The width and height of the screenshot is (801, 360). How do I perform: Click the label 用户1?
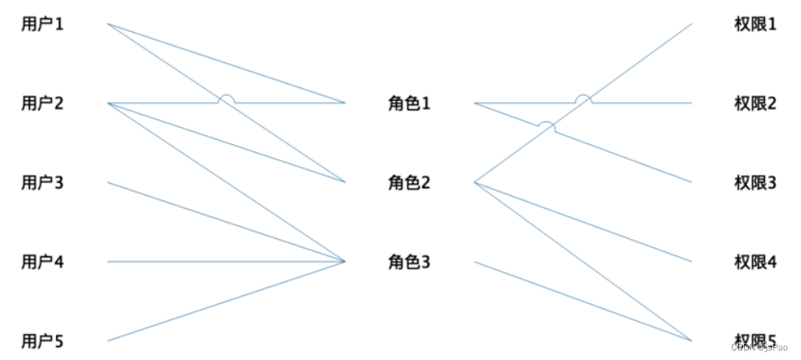click(42, 24)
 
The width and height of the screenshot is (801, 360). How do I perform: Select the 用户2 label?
click(42, 104)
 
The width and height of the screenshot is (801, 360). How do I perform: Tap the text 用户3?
click(42, 183)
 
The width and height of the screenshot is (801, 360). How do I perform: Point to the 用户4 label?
click(42, 262)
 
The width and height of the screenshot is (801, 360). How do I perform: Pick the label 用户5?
click(42, 341)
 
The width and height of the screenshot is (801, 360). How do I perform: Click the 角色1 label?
click(409, 104)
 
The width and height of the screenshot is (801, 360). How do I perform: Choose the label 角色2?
click(409, 183)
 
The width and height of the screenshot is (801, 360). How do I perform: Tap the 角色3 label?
click(409, 262)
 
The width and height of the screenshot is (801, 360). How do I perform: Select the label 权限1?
click(755, 24)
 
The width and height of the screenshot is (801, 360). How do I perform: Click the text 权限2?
click(755, 104)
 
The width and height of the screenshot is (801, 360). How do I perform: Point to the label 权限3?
click(755, 183)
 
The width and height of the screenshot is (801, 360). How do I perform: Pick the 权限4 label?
click(755, 262)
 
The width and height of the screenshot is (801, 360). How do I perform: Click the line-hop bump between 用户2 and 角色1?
click(226, 98)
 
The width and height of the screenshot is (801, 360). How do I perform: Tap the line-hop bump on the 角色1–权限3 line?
click(546, 126)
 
